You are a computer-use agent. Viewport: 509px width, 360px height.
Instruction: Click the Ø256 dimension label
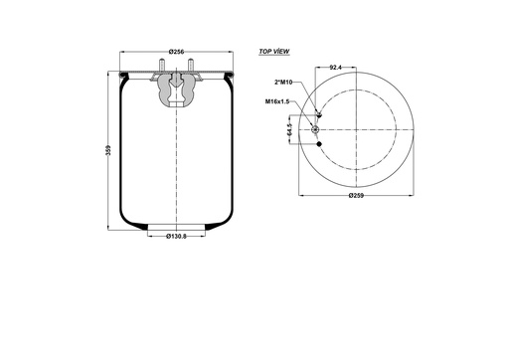[177, 52]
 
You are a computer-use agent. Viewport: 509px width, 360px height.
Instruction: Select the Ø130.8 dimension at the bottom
[176, 236]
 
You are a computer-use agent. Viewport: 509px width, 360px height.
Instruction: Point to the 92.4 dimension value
[336, 69]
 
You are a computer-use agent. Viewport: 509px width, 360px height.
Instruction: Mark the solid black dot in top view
[319, 145]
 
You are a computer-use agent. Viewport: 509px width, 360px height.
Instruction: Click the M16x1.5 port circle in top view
[317, 130]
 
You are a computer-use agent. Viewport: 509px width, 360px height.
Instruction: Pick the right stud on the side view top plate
[189, 70]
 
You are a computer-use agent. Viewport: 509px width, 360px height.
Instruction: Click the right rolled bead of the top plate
[231, 76]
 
